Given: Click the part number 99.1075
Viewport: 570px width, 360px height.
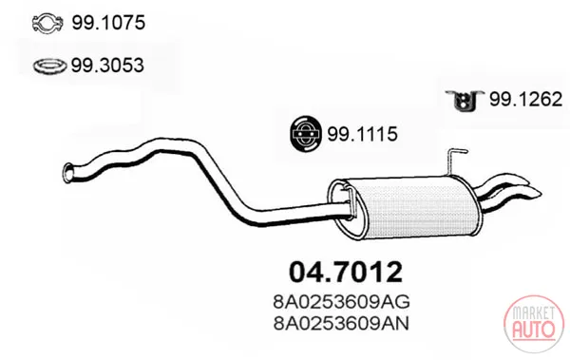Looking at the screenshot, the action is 108,23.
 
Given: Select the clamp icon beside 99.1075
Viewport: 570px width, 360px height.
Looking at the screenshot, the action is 47,24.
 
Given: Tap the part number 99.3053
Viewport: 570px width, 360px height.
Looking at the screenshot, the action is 107,66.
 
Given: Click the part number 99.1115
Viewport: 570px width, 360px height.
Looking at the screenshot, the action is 363,134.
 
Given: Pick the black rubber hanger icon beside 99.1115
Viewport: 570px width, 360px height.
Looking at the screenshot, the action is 306,134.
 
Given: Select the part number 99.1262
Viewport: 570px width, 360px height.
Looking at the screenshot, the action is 525,99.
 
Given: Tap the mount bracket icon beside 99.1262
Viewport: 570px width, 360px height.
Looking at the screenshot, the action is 463,101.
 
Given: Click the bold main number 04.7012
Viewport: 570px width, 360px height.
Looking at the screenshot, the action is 346,272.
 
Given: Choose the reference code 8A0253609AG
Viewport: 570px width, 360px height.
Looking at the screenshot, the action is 341,301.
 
